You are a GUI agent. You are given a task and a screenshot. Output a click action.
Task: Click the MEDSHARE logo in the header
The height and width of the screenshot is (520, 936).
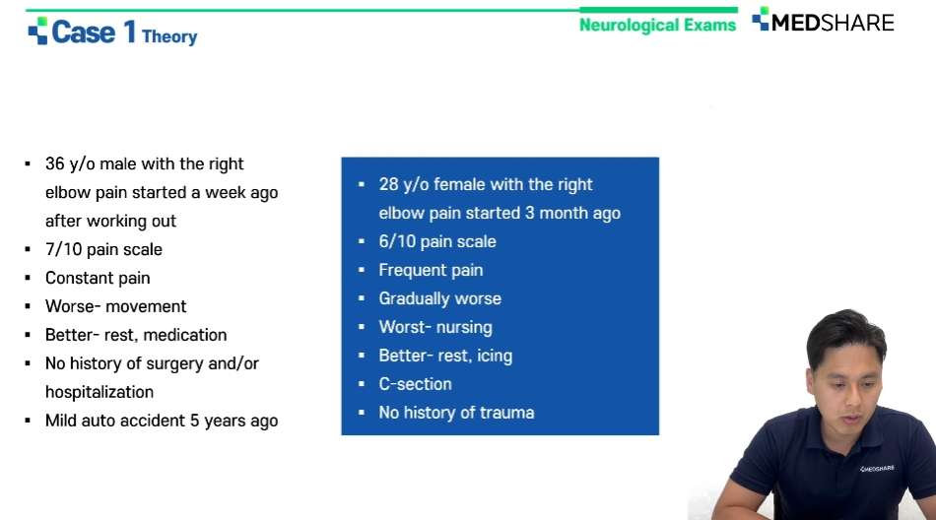[x=823, y=21]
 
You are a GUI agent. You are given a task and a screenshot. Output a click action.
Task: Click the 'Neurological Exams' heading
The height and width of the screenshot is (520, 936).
[x=657, y=25]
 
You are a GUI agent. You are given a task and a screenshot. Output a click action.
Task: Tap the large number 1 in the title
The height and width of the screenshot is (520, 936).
[x=129, y=32]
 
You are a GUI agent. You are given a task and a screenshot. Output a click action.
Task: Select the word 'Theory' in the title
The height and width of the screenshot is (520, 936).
[x=169, y=36]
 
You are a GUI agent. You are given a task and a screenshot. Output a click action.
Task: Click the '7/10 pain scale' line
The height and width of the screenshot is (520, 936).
[x=103, y=249]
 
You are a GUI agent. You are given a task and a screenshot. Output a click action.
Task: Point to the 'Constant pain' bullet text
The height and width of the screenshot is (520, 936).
[x=98, y=278]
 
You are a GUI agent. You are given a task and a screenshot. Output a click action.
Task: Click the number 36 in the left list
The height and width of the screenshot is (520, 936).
[x=55, y=163]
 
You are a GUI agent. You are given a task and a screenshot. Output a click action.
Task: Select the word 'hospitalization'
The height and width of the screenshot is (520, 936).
[x=100, y=392]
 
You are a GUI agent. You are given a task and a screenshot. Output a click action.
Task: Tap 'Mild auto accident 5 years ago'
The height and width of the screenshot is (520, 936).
[x=162, y=421]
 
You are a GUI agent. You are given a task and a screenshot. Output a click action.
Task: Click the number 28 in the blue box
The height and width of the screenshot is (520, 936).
[x=388, y=184]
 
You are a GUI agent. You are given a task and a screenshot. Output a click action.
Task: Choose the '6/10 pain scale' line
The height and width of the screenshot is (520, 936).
[x=437, y=242]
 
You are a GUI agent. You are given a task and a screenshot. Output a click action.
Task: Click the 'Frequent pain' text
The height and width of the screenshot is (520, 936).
[x=431, y=271]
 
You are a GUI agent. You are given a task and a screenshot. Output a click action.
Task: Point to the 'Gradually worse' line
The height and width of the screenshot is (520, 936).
[x=440, y=298]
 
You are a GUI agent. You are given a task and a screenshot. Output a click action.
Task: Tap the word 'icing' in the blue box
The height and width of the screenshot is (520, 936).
[x=495, y=356]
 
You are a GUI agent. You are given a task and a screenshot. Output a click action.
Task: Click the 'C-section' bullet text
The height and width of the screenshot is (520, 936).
[x=416, y=384]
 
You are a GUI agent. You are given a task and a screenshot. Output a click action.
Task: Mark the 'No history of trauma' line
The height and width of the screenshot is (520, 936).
[x=456, y=413]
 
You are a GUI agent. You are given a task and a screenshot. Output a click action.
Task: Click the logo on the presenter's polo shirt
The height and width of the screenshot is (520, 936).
[x=877, y=469]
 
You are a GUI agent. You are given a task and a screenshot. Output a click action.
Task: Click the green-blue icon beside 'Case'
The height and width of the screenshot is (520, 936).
[x=37, y=31]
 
